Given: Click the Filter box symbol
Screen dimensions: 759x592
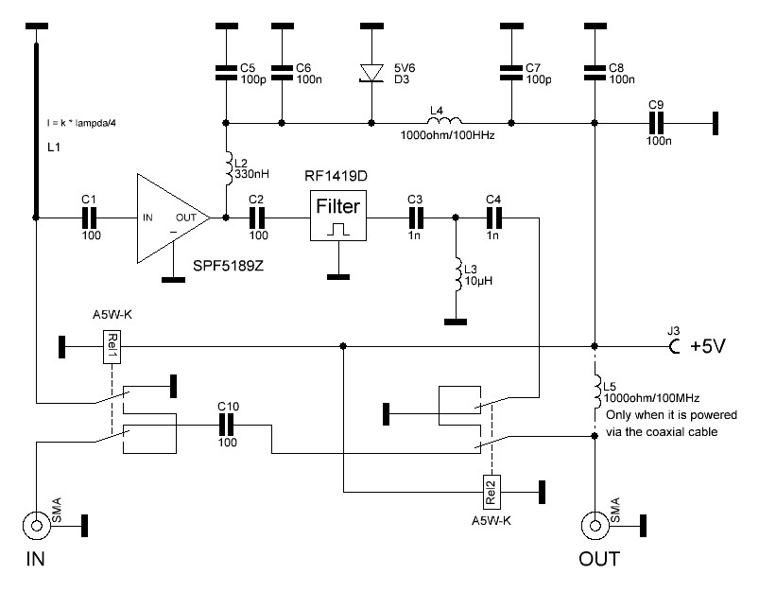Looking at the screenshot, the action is pos(337,216).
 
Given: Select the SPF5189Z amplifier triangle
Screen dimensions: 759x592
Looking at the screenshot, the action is pos(173,218).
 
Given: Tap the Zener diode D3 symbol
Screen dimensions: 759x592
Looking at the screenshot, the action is pos(371,73).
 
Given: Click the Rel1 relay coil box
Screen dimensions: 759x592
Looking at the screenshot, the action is pos(112,347).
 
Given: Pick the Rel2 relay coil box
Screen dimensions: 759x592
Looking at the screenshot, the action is pos(492,492).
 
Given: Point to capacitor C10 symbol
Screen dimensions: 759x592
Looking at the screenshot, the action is pos(226,426).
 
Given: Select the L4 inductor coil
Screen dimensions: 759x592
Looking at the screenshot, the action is pos(445,120).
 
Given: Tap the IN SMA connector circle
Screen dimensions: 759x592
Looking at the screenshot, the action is pos(36,525).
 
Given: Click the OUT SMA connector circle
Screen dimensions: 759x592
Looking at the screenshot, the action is pos(595,525).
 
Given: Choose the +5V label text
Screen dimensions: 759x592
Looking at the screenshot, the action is pos(708,346).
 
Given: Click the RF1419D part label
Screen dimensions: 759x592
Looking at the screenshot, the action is pos(336,175).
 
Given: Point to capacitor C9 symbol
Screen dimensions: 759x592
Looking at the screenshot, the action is pos(656,123).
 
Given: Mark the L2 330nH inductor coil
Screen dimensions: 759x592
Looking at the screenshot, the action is pos(227,168).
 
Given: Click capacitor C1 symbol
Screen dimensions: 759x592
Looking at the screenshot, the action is pos(89,218).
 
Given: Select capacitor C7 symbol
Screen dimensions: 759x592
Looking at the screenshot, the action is pos(511,73).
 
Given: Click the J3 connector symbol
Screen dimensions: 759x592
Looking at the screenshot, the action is pos(672,346).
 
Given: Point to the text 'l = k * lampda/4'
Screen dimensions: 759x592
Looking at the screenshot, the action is pos(81,123).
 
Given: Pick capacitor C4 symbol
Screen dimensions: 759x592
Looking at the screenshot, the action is pos(493,218).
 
